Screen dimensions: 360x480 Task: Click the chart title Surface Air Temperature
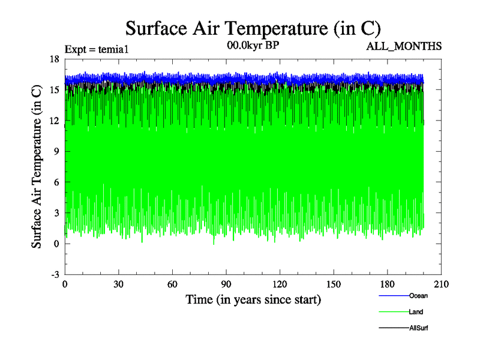[x=253, y=28]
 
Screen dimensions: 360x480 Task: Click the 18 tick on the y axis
[x=54, y=59]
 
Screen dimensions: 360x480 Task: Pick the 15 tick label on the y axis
[x=54, y=89]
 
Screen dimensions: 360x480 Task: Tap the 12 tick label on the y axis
[x=54, y=121]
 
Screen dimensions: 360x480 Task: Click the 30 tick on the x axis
[x=119, y=284]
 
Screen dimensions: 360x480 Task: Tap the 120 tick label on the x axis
[x=280, y=284]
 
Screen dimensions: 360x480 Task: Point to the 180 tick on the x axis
[x=388, y=284]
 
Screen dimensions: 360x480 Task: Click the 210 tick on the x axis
[x=442, y=284]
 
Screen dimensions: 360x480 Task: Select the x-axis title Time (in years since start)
[x=253, y=299]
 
